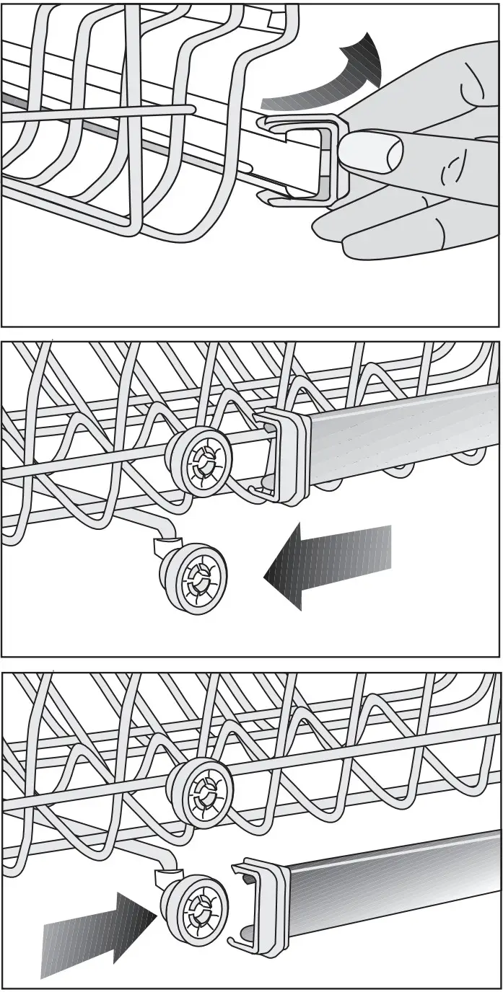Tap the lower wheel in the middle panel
pyautogui.click(x=191, y=578)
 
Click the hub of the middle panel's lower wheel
pyautogui.click(x=194, y=579)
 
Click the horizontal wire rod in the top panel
pyautogui.click(x=101, y=112)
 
